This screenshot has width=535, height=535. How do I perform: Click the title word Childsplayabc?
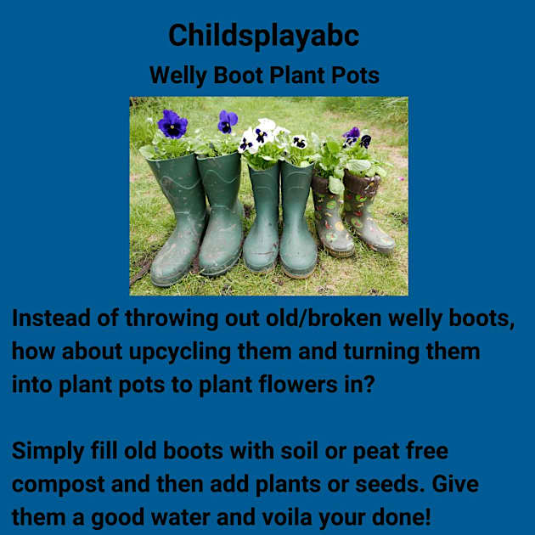click(x=264, y=36)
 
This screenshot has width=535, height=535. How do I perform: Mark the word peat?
click(x=374, y=450)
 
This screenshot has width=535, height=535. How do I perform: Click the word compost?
click(x=59, y=484)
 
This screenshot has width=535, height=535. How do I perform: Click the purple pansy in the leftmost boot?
click(x=173, y=125)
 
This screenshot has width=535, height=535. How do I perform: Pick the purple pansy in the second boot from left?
click(x=227, y=121)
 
